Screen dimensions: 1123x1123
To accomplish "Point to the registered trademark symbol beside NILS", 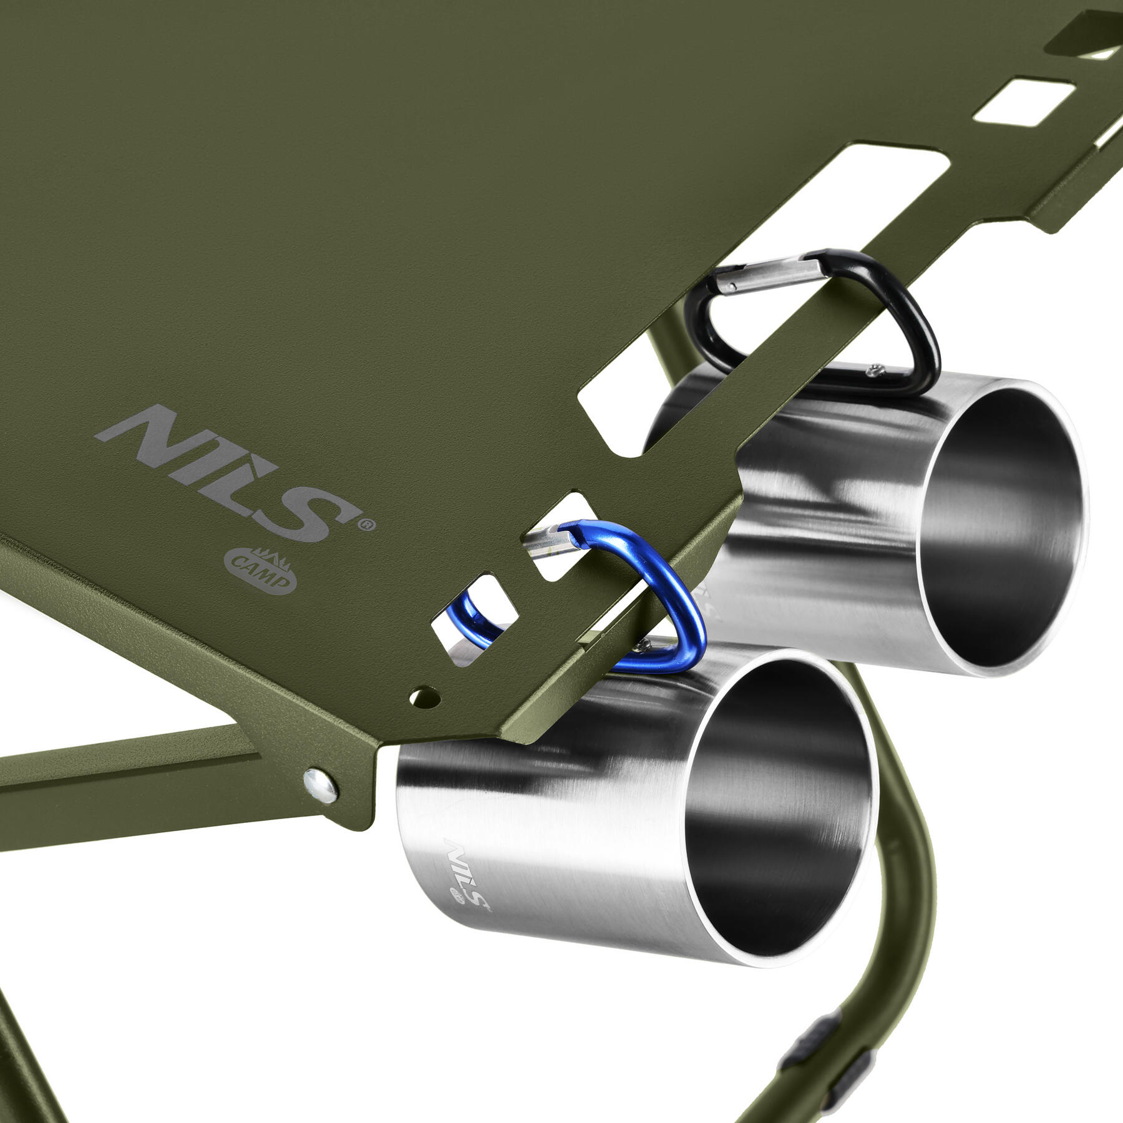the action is [367, 525].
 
